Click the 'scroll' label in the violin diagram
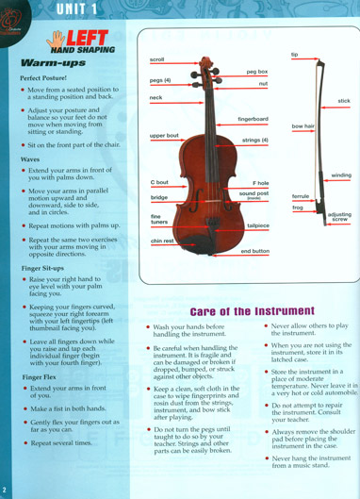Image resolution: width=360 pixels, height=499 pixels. click(156, 59)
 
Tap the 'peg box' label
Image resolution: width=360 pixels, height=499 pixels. click(257, 72)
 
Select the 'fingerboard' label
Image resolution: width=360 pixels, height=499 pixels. click(253, 119)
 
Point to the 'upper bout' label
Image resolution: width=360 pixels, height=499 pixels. click(164, 136)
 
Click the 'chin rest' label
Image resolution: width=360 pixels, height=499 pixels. click(162, 241)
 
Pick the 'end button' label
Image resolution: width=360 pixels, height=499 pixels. click(255, 251)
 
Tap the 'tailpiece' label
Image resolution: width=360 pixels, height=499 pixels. click(258, 225)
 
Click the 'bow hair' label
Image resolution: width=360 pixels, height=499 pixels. click(303, 126)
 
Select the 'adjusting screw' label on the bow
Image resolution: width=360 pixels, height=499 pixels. click(339, 217)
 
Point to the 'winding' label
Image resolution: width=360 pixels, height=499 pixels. click(341, 175)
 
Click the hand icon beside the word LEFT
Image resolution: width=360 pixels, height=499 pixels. click(56, 39)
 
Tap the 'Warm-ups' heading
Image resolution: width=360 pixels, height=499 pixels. click(53, 62)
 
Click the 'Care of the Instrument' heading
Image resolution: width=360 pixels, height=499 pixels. click(253, 311)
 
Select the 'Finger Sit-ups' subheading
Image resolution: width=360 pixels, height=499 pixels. click(42, 268)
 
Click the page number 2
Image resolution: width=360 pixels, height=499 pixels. click(4, 490)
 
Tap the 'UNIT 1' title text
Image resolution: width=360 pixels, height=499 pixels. click(76, 8)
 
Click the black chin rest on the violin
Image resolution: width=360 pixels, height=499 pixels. click(197, 244)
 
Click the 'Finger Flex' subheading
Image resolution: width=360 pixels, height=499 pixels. click(40, 377)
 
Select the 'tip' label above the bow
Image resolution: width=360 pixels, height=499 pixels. click(294, 55)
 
